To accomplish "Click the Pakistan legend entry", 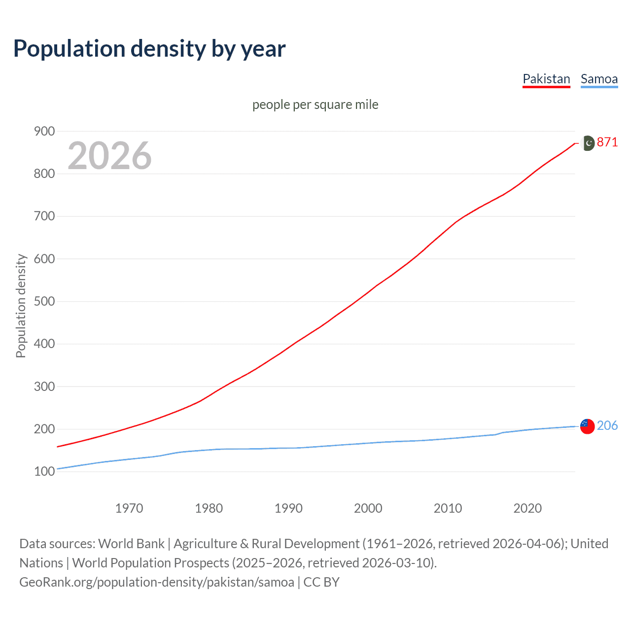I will [x=546, y=79].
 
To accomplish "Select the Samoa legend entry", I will [x=599, y=79].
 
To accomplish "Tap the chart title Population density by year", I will [x=149, y=49].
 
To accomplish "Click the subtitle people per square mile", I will [x=315, y=105].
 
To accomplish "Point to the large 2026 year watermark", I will [x=109, y=156].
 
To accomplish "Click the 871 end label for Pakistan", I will [x=607, y=142].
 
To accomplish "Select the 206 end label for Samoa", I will [x=607, y=425].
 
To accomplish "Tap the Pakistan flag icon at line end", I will [x=588, y=143].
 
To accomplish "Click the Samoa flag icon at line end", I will [x=587, y=426].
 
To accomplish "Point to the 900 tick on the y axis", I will [x=44, y=131].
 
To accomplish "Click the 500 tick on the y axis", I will [x=44, y=301].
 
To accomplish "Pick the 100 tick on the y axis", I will [x=44, y=471].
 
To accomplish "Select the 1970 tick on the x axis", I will [x=129, y=508].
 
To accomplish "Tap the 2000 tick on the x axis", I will [x=368, y=508].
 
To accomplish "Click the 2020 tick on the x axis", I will [x=527, y=508].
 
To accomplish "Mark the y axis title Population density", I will [x=21, y=306].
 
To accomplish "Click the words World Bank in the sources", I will [x=131, y=544].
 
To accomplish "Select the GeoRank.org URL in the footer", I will [x=157, y=582].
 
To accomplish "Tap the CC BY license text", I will [x=321, y=582].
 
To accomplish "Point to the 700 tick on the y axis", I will [x=44, y=216].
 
